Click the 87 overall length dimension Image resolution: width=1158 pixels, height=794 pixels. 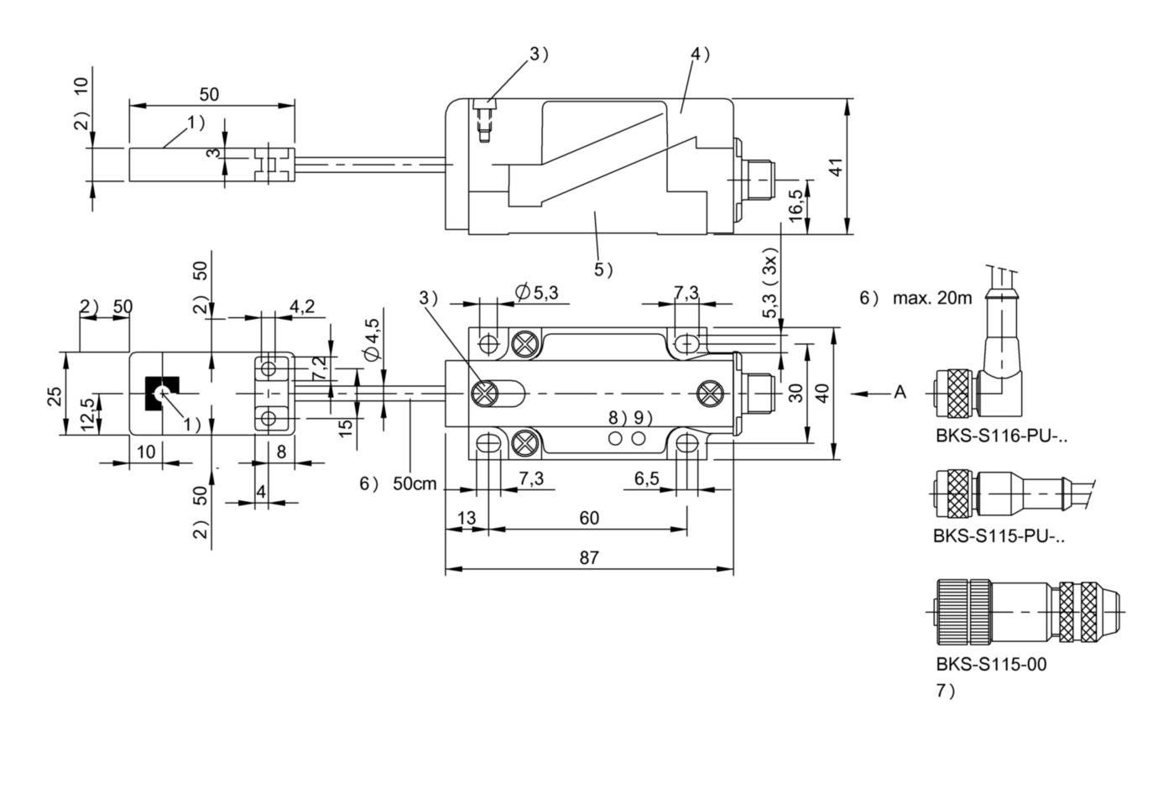[x=589, y=558]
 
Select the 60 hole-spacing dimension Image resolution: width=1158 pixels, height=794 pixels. [x=589, y=518]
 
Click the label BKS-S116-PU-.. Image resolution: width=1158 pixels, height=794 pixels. [x=1001, y=436]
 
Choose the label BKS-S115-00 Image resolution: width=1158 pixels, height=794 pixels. [x=991, y=664]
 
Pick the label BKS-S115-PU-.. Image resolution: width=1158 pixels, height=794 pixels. [x=999, y=536]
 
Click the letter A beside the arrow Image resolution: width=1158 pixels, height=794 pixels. [x=900, y=393]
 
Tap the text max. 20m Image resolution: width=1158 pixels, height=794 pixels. [x=932, y=298]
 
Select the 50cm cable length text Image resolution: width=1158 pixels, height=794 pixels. [x=415, y=483]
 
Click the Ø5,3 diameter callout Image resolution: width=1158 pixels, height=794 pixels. [x=537, y=293]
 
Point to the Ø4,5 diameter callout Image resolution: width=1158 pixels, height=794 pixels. [x=372, y=339]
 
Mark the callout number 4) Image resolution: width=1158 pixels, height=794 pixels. [x=701, y=55]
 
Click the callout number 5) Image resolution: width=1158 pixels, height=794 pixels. [x=603, y=269]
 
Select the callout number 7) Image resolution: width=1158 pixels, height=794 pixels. [x=946, y=691]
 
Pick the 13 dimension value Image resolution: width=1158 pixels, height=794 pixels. [x=467, y=518]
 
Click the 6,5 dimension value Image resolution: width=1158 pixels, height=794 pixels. [x=647, y=479]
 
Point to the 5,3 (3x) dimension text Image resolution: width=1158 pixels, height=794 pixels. [x=770, y=287]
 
